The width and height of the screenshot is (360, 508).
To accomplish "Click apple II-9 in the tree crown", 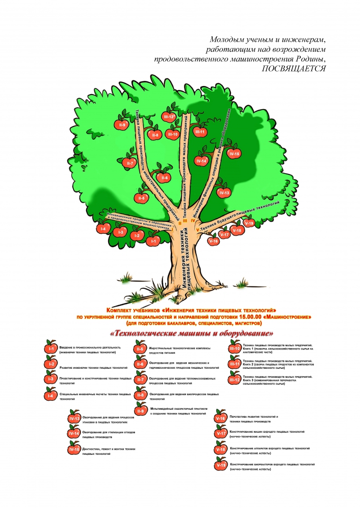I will point(121,125).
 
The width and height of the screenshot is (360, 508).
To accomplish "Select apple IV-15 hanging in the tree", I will point(234,153).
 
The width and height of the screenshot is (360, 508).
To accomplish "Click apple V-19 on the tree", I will point(249,223).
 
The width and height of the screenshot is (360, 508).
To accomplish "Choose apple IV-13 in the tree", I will point(224,192).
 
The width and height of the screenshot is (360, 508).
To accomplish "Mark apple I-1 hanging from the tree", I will point(152,241).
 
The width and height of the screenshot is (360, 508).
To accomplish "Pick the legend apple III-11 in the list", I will point(234,364).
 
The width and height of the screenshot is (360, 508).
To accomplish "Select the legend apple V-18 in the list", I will point(221,450).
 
